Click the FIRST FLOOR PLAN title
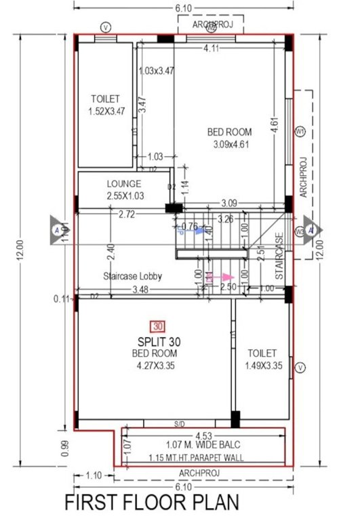click(x=153, y=503)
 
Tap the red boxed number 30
click(x=159, y=326)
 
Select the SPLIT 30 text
click(x=158, y=341)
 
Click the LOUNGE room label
click(x=124, y=184)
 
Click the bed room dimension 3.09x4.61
click(x=230, y=144)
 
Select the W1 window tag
click(x=300, y=131)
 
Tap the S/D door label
click(x=180, y=425)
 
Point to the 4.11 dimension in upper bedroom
click(x=213, y=48)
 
